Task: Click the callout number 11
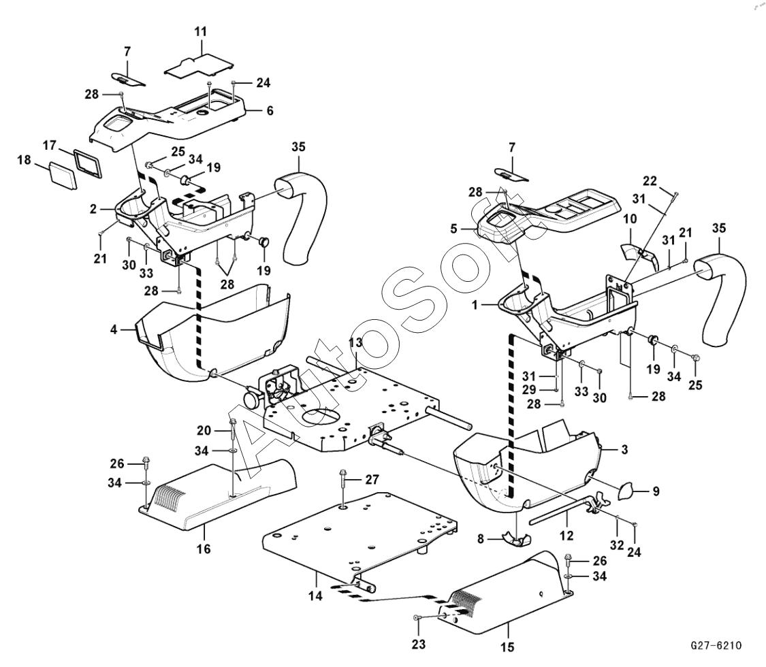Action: pyautogui.click(x=200, y=32)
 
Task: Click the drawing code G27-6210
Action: pyautogui.click(x=716, y=645)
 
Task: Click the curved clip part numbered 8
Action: pyautogui.click(x=515, y=538)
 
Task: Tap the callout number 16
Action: pyautogui.click(x=204, y=548)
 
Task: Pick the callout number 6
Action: pyautogui.click(x=269, y=110)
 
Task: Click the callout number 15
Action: pyautogui.click(x=509, y=645)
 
